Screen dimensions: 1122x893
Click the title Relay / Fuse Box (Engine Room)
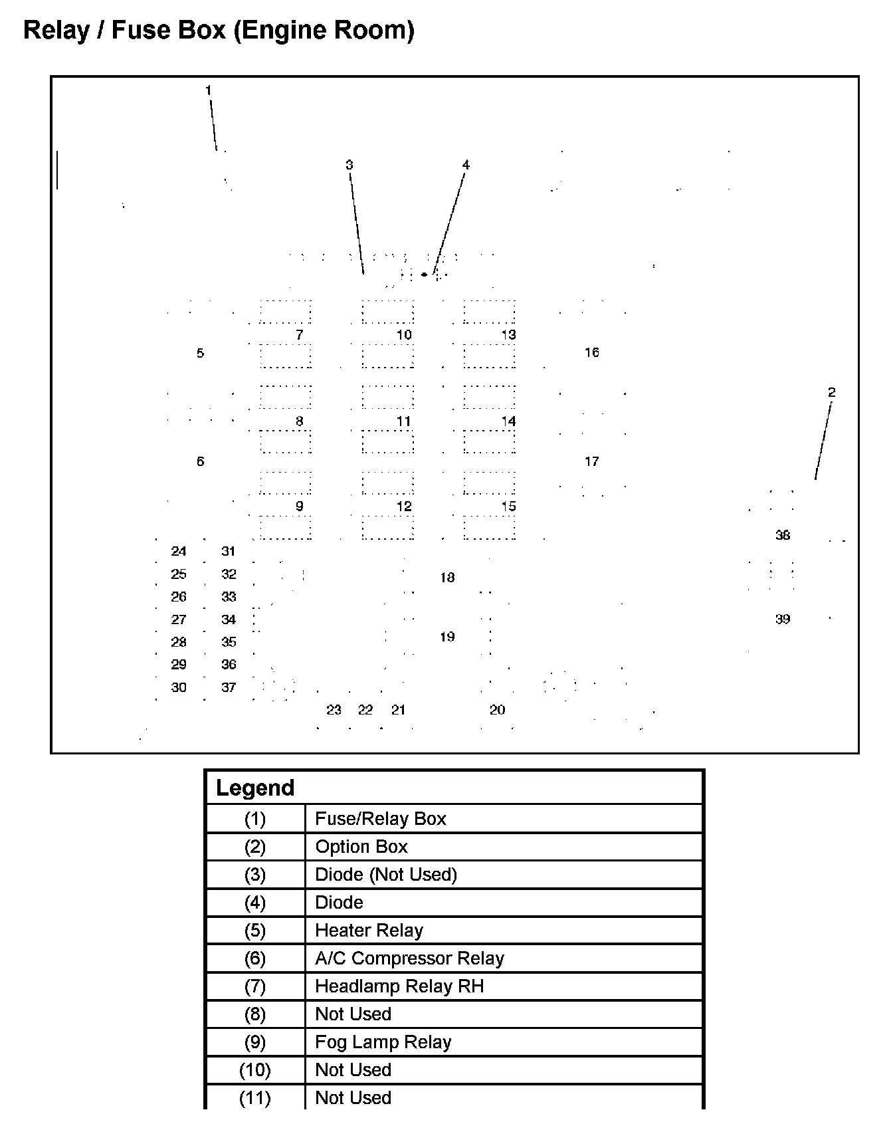click(x=219, y=31)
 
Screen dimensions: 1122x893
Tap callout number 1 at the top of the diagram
click(x=208, y=90)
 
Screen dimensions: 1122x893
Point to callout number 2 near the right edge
click(x=831, y=392)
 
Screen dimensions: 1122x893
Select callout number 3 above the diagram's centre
click(x=349, y=165)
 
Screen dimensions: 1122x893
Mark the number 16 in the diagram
click(x=592, y=352)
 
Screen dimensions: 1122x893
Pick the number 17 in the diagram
click(x=592, y=461)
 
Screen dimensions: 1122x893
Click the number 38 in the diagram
click(x=783, y=535)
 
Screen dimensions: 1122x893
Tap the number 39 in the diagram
click(x=783, y=619)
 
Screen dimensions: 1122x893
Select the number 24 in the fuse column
click(x=179, y=551)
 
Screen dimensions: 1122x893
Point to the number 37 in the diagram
click(x=229, y=687)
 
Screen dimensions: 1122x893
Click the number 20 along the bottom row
click(x=498, y=710)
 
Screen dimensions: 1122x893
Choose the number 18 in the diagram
click(x=447, y=578)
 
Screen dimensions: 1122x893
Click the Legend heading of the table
click(x=255, y=788)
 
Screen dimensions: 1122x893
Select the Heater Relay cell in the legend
click(x=369, y=931)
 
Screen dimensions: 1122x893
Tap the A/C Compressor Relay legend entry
click(x=409, y=958)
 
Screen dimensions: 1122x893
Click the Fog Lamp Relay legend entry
click(x=383, y=1042)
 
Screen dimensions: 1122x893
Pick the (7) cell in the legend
click(x=255, y=986)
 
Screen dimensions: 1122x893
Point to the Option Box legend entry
click(x=361, y=847)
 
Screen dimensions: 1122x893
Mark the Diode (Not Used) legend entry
click(x=386, y=875)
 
